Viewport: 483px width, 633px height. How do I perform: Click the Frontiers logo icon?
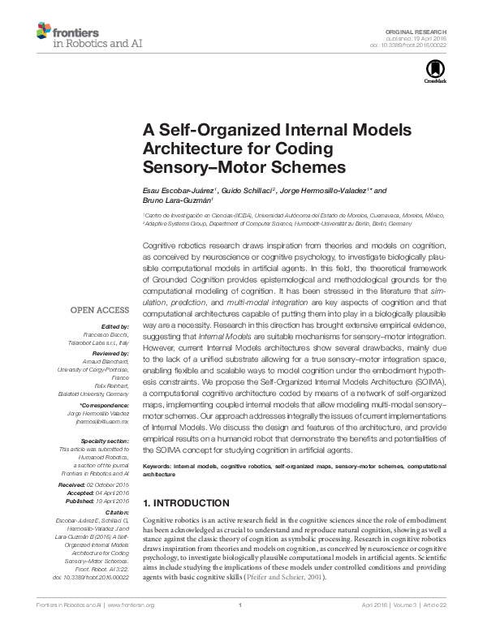tap(43, 32)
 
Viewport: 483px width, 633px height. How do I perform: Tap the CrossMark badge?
tap(431, 74)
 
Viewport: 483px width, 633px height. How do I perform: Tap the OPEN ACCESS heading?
tap(99, 310)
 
